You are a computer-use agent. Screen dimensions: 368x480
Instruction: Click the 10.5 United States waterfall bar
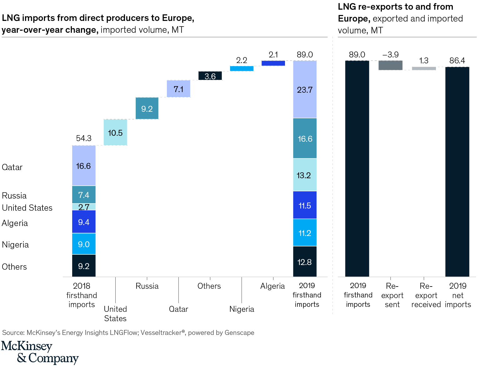click(115, 132)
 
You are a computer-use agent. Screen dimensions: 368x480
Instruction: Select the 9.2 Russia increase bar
click(147, 108)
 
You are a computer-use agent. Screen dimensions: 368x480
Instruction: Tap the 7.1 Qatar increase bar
click(178, 89)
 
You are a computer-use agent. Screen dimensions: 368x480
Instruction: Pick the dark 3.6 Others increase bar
click(210, 76)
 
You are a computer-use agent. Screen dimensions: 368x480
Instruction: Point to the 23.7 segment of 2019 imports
click(305, 90)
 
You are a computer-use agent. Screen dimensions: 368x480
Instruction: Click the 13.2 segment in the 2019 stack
click(305, 175)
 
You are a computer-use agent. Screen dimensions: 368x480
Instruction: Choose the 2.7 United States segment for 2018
click(84, 207)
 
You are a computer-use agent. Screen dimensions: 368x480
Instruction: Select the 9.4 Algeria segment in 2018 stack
click(84, 222)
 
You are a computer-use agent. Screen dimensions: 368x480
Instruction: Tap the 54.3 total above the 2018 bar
click(84, 138)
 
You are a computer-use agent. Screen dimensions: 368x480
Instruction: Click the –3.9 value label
click(390, 55)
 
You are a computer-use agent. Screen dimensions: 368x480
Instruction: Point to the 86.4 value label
click(457, 61)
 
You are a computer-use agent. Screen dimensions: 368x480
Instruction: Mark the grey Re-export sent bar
click(390, 65)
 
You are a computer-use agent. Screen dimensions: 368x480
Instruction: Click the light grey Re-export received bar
click(424, 68)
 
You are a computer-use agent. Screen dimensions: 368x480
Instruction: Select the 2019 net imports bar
click(457, 172)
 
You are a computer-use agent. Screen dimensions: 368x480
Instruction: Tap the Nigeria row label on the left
click(15, 244)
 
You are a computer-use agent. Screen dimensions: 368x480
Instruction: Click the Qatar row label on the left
click(12, 167)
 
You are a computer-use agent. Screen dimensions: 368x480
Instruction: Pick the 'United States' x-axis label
click(115, 314)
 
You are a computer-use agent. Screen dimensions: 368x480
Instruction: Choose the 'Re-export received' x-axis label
click(426, 295)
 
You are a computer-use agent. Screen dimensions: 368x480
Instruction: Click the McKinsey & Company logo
click(40, 352)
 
